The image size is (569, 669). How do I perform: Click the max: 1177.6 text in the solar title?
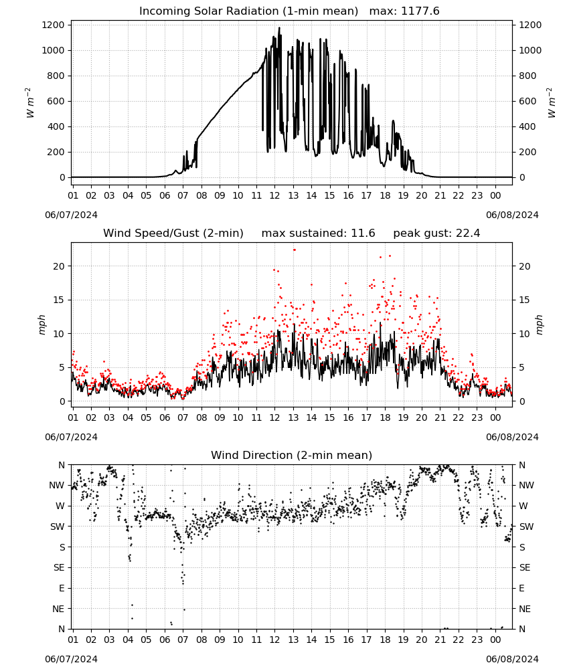(404, 11)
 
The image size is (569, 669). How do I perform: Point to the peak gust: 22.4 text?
(436, 233)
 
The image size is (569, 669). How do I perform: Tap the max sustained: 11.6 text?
(318, 233)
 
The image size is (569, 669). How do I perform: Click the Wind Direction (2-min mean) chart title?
(292, 455)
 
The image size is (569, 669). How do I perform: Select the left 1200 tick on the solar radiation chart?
(53, 25)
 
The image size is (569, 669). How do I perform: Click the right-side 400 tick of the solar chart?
(527, 126)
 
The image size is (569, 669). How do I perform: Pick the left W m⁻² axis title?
(29, 102)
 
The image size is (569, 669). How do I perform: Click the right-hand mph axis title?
(539, 325)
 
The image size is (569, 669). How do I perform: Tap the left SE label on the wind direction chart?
(59, 567)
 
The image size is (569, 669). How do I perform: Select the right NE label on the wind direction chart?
(525, 609)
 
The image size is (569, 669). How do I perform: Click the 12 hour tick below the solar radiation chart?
(274, 195)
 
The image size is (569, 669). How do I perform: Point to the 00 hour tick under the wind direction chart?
(495, 640)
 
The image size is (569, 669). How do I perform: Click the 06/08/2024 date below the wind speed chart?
(512, 437)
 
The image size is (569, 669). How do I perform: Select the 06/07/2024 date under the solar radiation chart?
(71, 215)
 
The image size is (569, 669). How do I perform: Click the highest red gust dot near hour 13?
(294, 250)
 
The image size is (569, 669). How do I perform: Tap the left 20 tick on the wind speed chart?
(59, 266)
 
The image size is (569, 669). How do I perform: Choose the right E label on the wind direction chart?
(521, 588)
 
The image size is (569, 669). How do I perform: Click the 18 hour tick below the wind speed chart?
(385, 417)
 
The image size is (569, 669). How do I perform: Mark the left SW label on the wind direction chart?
(58, 527)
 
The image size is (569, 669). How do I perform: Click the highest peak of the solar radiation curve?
(280, 28)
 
